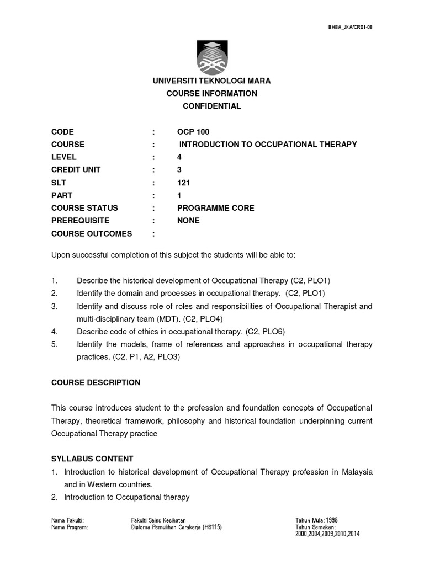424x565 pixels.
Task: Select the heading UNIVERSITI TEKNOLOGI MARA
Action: click(x=211, y=81)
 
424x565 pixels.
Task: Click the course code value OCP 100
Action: click(x=193, y=132)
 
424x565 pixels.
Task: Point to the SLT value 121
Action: click(x=183, y=183)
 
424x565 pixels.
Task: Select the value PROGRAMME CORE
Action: click(x=215, y=208)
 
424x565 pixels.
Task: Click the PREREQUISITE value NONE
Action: click(x=188, y=221)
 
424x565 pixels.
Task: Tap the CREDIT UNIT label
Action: click(x=76, y=170)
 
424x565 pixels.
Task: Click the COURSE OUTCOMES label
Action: click(x=92, y=233)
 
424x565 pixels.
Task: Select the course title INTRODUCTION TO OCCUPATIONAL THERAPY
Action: click(x=268, y=145)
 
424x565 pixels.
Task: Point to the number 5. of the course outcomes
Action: click(x=54, y=344)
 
